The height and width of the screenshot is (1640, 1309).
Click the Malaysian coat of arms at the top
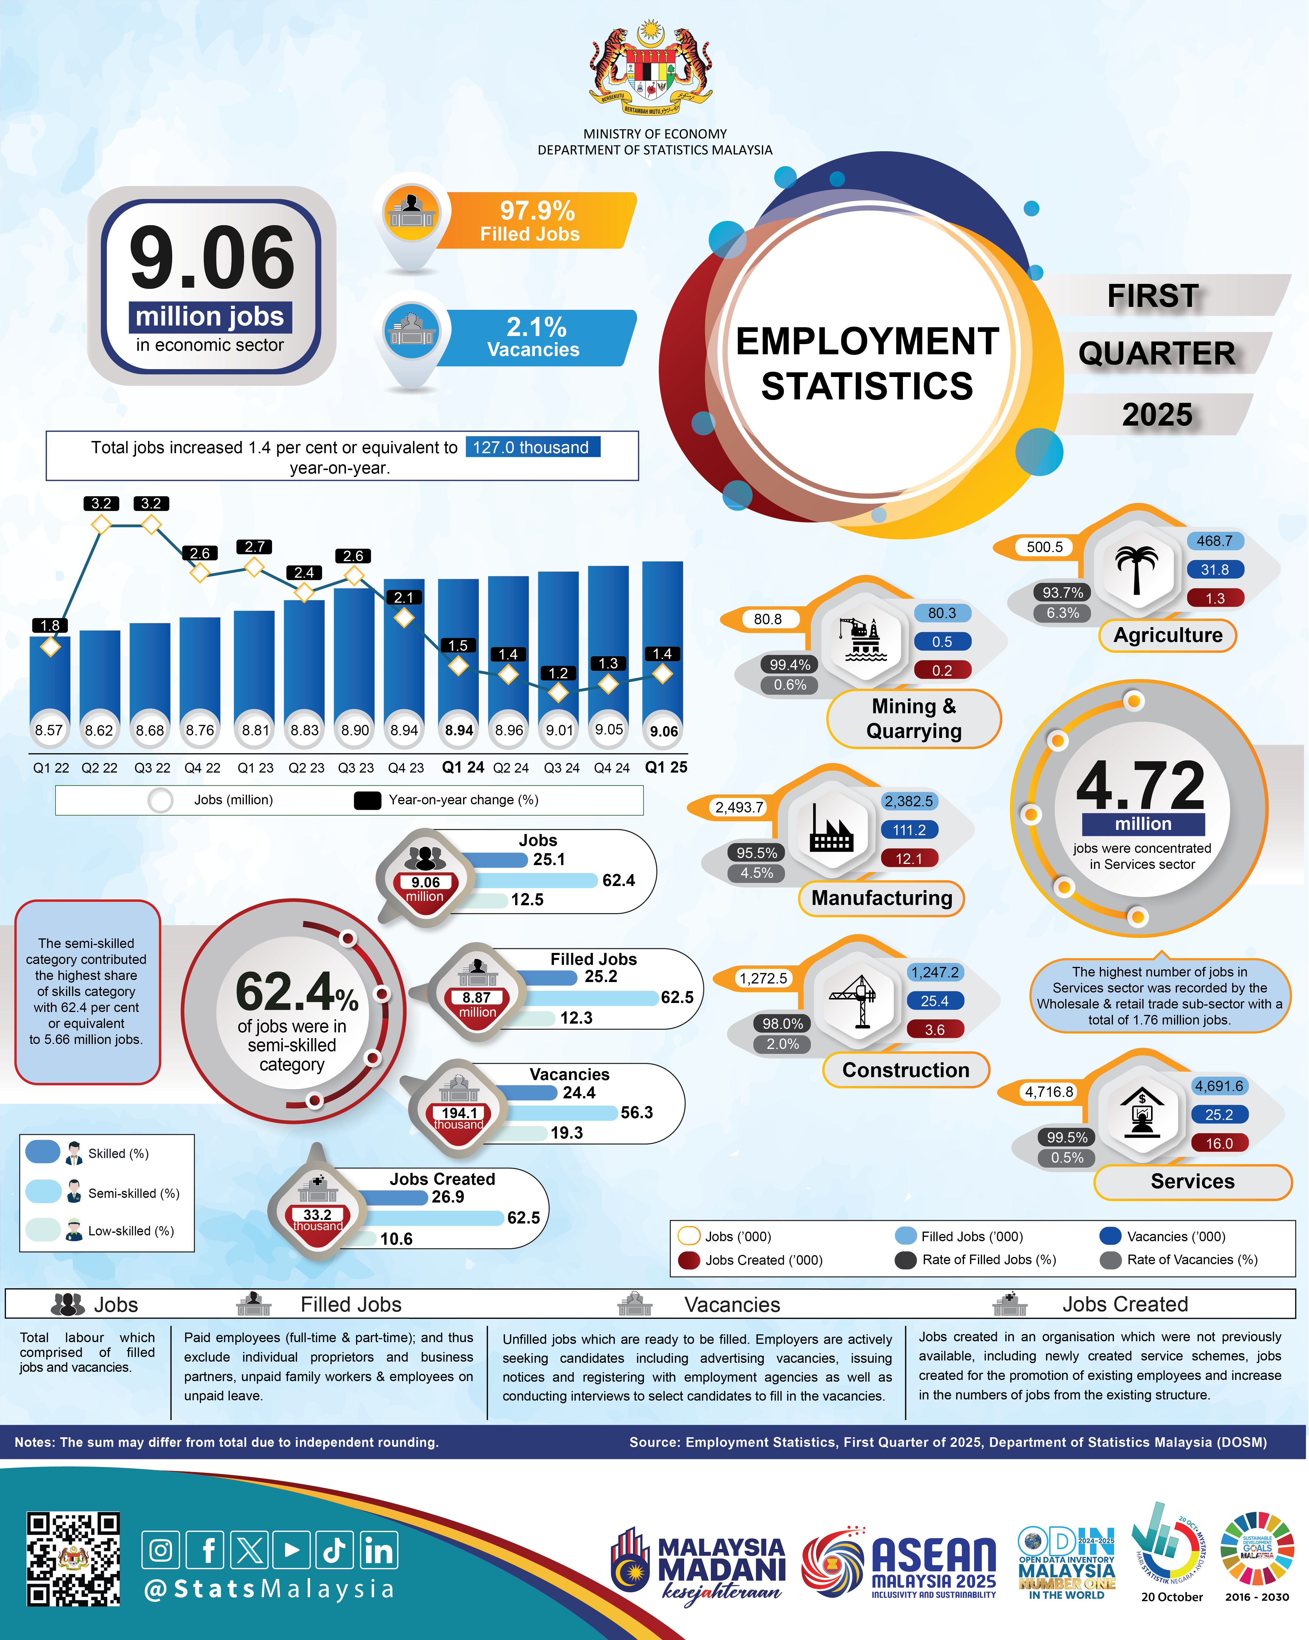click(x=650, y=68)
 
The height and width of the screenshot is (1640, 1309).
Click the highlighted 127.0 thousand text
click(x=532, y=447)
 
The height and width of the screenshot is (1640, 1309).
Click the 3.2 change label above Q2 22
click(x=101, y=504)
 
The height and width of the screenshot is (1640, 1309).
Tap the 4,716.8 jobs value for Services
click(x=1049, y=1092)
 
